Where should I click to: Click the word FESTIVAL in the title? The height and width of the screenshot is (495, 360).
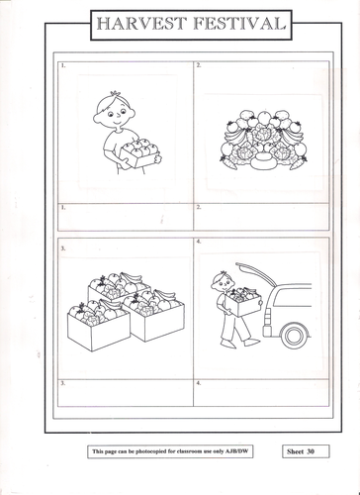coord(237,23)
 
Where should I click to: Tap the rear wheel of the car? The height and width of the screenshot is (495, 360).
coord(294,337)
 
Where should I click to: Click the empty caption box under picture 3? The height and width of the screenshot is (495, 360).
coord(125,391)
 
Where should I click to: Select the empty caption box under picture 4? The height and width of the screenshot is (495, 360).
coord(259,391)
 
